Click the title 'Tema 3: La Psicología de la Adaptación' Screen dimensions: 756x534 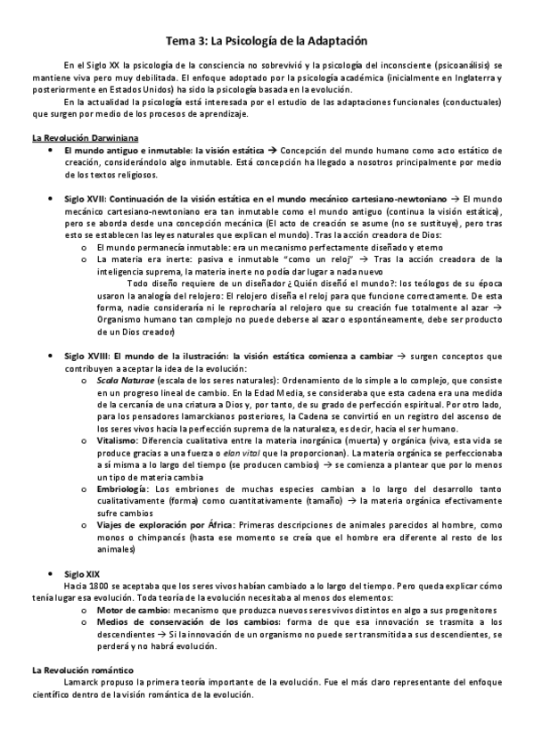click(267, 41)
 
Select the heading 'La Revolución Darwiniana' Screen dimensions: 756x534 click(74, 138)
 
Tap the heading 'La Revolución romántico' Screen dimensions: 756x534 click(82, 669)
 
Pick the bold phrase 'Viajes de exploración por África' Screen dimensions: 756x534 click(161, 526)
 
